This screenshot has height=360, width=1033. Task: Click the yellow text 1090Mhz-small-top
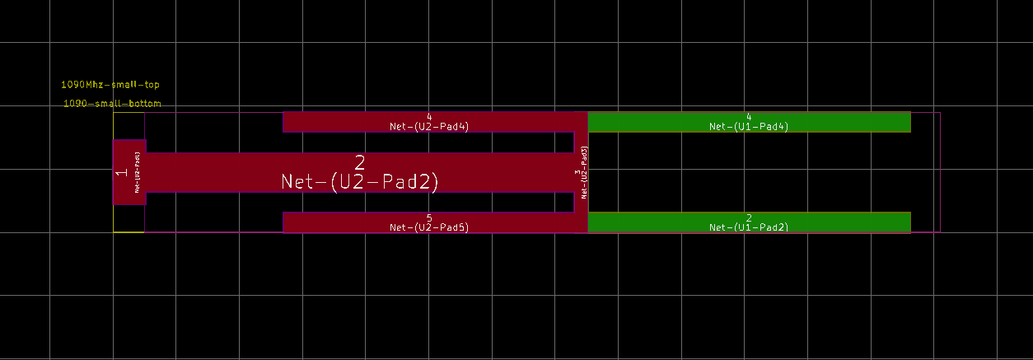click(x=110, y=85)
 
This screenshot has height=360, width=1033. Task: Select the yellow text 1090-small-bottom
click(x=112, y=104)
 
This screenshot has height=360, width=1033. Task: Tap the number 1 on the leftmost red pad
click(x=121, y=172)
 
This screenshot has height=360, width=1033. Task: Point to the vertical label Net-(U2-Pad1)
click(x=137, y=172)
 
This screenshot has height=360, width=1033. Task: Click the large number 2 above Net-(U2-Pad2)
click(x=359, y=162)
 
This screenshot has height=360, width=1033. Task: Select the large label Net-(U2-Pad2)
click(x=359, y=182)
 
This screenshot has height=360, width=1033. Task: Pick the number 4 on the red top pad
click(x=429, y=117)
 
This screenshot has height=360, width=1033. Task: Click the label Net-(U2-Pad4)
click(x=429, y=127)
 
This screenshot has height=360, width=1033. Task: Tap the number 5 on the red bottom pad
click(x=429, y=217)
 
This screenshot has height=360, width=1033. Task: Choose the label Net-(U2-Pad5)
click(x=429, y=227)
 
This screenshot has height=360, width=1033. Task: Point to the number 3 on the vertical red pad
click(x=577, y=172)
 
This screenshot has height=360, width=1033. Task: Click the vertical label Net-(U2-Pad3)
click(x=585, y=172)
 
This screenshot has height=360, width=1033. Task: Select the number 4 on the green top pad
click(x=749, y=117)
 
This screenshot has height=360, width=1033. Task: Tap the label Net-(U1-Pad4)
click(x=749, y=127)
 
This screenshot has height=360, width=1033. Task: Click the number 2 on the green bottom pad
click(x=749, y=217)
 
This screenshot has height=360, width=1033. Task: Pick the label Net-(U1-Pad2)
click(x=749, y=227)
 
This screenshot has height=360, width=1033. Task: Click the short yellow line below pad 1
click(x=129, y=232)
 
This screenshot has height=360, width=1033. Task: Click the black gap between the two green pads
click(x=749, y=172)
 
